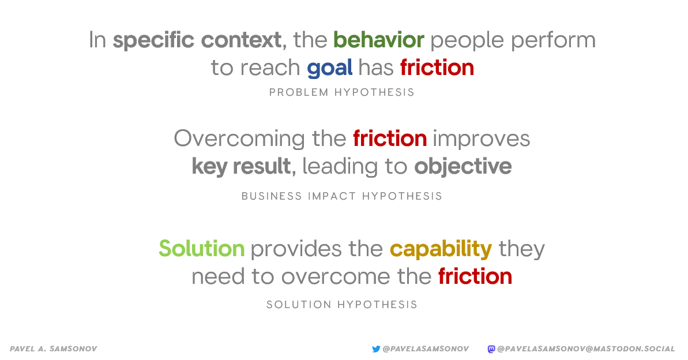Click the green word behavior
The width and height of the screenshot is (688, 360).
pos(379,40)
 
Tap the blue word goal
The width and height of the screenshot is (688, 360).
pos(329,69)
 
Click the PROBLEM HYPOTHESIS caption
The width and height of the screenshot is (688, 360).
pos(342,92)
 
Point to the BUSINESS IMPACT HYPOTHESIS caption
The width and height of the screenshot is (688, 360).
pos(342,196)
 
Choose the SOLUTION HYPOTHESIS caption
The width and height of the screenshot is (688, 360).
pos(342,304)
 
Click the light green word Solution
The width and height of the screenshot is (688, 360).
pos(201,249)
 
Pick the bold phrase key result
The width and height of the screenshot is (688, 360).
pos(241,166)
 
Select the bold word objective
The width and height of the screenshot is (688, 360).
pos(463,167)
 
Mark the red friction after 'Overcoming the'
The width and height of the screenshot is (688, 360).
pos(390,138)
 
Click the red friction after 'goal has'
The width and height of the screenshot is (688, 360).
pos(437,67)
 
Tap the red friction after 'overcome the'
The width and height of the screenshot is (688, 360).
pos(475,276)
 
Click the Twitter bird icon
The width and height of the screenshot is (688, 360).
pos(376,349)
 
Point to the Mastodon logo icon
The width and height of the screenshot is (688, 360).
pos(491,349)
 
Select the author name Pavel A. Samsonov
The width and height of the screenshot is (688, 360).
pos(53,349)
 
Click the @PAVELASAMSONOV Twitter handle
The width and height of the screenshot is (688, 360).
pos(426,349)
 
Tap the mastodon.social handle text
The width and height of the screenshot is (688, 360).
pos(586,349)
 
